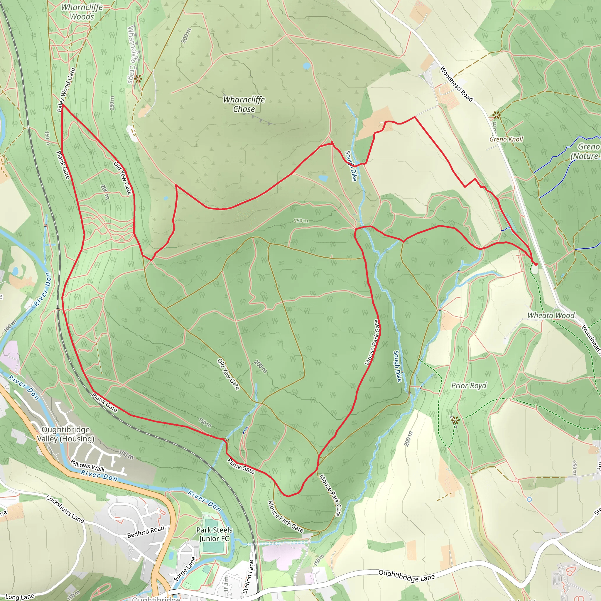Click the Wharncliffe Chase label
[244, 104]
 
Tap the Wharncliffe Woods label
[82, 12]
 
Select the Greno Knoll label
[506, 139]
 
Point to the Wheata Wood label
[551, 315]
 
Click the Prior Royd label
[468, 386]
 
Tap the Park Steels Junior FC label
[214, 534]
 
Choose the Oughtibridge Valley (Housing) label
[66, 434]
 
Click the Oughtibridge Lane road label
[406, 576]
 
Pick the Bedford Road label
[145, 532]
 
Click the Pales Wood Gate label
[66, 90]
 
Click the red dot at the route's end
[536, 264]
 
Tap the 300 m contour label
[186, 36]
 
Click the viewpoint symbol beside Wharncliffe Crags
[138, 79]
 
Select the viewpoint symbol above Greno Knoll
[497, 116]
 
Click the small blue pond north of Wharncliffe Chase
[306, 66]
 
